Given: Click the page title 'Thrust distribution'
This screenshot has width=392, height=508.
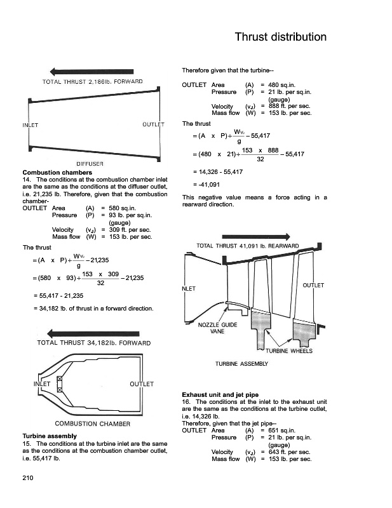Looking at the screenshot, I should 280,37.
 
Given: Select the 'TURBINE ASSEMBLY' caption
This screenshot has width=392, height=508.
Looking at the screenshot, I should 242,364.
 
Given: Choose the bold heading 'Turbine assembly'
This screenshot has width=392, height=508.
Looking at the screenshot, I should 50,436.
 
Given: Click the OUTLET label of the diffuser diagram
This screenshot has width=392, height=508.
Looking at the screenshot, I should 154,124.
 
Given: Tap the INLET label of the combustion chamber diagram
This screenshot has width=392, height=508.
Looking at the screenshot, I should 42,384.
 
